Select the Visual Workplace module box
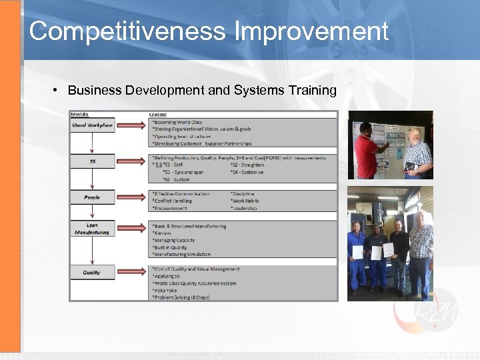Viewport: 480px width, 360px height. click(92, 125)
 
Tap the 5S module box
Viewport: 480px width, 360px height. click(92, 161)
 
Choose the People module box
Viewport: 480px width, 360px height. click(92, 197)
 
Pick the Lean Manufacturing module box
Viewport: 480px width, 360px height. click(92, 229)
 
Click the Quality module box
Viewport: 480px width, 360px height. click(92, 272)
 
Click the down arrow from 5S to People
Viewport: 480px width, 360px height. click(92, 179)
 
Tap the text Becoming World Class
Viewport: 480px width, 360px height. click(177, 122)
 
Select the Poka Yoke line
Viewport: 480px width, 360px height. click(167, 290)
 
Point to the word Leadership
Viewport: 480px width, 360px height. click(244, 208)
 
